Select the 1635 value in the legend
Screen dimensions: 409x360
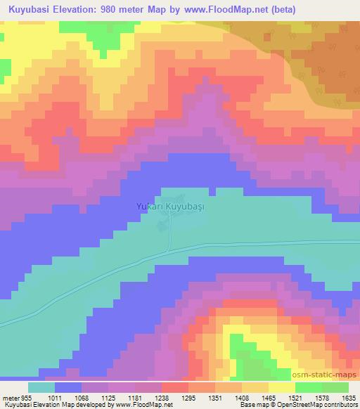[347, 398]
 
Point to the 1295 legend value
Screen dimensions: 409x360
[188, 398]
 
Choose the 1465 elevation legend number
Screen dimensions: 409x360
[267, 398]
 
